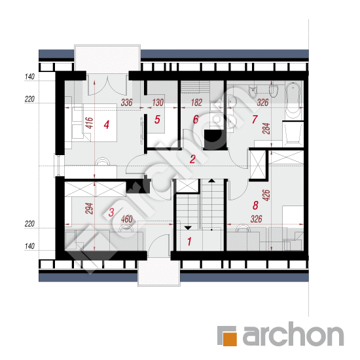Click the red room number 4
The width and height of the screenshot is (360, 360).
click(x=106, y=125)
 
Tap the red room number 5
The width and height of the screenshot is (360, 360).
click(x=157, y=119)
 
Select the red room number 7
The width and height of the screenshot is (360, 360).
click(x=255, y=119)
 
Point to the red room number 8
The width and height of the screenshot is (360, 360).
click(x=255, y=206)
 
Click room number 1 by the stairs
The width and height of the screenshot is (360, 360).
click(x=189, y=242)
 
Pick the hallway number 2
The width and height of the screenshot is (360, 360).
click(x=192, y=159)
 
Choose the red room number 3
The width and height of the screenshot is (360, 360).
click(x=111, y=212)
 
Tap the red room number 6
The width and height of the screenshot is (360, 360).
click(x=196, y=119)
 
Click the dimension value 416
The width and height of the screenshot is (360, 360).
click(x=89, y=123)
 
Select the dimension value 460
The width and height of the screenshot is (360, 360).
click(x=127, y=219)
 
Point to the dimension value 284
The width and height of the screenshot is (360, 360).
click(x=266, y=128)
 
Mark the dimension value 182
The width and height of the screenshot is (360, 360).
click(x=196, y=102)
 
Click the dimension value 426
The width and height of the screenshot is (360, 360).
click(x=266, y=195)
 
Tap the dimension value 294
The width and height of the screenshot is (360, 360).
click(x=89, y=208)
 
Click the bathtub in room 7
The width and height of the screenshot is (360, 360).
click(x=293, y=101)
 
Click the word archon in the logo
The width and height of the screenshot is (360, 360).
click(x=293, y=333)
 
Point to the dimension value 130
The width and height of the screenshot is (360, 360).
click(x=158, y=102)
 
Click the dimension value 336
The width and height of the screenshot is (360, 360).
click(x=127, y=102)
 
